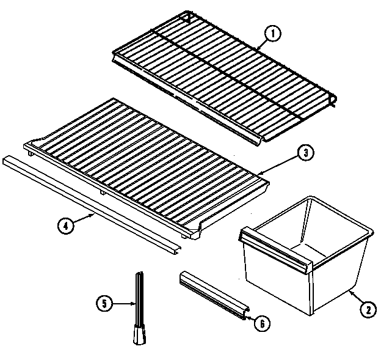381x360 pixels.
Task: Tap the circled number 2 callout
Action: (367, 310)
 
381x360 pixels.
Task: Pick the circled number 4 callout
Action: (67, 225)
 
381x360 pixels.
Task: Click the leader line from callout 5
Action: (122, 303)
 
